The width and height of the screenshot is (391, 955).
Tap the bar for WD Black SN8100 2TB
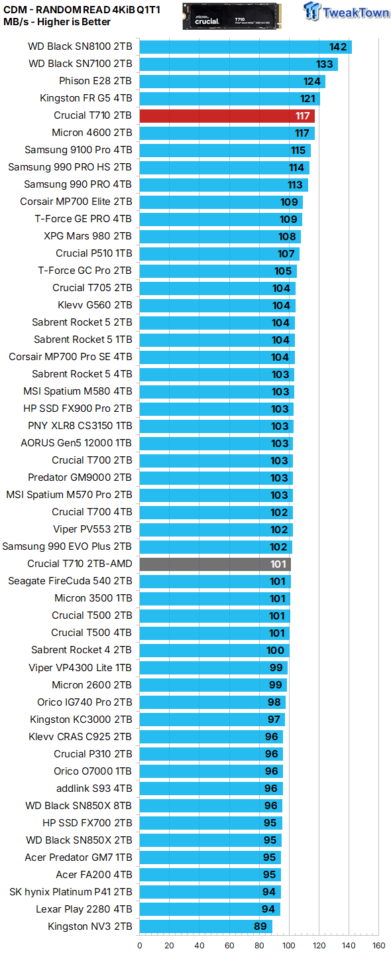[x=245, y=46]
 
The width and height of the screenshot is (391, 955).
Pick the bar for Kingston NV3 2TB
[x=205, y=926]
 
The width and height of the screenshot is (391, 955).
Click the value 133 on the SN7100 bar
[x=325, y=64]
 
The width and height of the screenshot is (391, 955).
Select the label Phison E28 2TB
[x=95, y=81]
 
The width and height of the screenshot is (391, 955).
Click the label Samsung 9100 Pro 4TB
[x=78, y=150]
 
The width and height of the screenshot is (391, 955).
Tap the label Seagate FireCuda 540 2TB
[x=70, y=581]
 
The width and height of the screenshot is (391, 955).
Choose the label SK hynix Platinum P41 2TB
[x=71, y=891]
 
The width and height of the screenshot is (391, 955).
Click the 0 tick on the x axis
[x=139, y=946]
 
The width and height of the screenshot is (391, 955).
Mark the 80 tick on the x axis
[x=259, y=946]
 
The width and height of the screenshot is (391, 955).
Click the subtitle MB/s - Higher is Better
[x=57, y=22]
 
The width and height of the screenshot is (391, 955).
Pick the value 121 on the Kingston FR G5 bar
[x=307, y=98]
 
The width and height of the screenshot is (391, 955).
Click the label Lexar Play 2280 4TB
[x=84, y=909]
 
